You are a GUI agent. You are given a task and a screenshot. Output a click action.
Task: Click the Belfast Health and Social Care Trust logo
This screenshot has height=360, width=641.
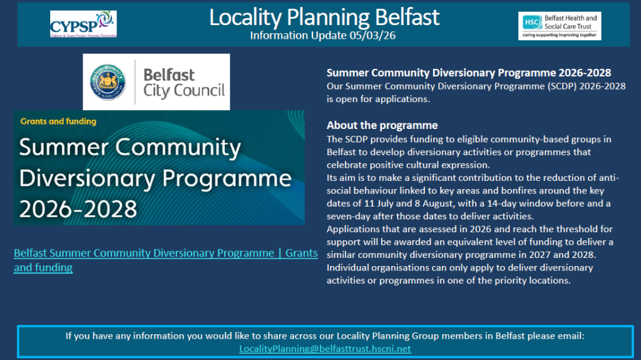(x=560, y=25)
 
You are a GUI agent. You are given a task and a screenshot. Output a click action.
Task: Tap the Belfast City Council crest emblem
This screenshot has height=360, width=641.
(x=108, y=82)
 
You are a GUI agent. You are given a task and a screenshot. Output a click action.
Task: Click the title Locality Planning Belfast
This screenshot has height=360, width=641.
(x=324, y=17)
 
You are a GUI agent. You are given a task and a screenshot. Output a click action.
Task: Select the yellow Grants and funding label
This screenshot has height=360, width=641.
(x=58, y=121)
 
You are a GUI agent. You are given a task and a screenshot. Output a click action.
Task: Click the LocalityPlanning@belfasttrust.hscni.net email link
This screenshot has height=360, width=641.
(x=325, y=348)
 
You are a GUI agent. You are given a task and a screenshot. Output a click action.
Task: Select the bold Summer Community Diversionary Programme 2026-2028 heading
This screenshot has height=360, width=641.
(x=469, y=73)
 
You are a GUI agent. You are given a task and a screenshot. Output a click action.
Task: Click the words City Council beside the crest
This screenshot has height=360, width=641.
(x=184, y=91)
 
